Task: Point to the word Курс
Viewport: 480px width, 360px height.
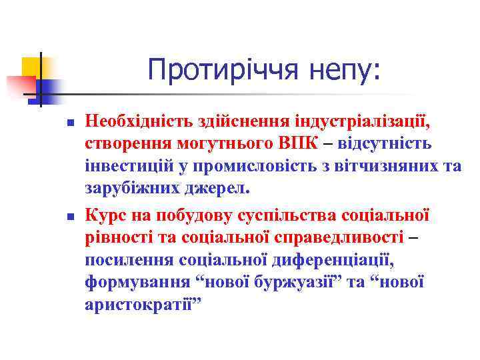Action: pyautogui.click(x=104, y=216)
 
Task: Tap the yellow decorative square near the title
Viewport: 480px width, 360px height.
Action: pyautogui.click(x=30, y=67)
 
